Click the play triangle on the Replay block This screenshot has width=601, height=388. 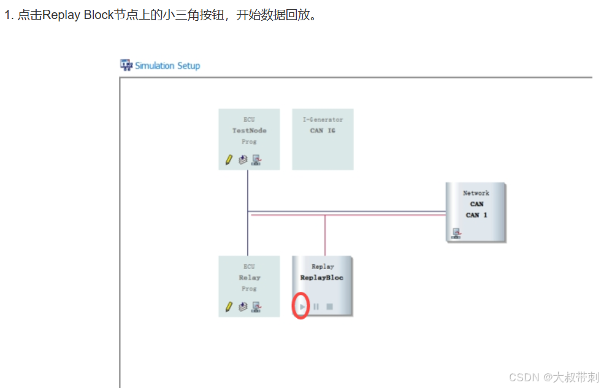(302, 306)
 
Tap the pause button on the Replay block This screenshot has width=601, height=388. (316, 306)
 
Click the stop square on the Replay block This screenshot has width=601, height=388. (329, 306)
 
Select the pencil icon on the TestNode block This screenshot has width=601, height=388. (229, 159)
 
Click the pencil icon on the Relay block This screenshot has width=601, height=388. (229, 306)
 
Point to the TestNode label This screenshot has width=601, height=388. (249, 131)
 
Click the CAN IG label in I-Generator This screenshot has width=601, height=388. (323, 131)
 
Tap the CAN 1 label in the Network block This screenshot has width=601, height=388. (476, 215)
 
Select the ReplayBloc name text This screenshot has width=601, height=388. (322, 278)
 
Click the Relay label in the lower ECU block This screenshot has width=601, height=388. (249, 278)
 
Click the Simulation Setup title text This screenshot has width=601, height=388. (167, 66)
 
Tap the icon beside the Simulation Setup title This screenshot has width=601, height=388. (126, 65)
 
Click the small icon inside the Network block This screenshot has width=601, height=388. (456, 232)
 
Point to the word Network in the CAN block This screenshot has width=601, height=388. (476, 193)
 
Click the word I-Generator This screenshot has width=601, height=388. (323, 120)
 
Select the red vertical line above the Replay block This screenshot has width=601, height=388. (325, 236)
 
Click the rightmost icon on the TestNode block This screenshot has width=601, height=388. (256, 159)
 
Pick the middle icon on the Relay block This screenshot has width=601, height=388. (243, 306)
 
